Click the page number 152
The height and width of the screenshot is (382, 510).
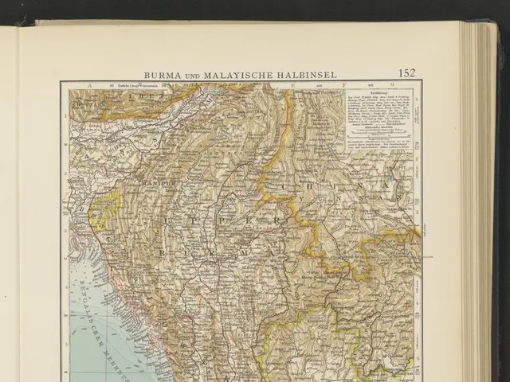(406, 73)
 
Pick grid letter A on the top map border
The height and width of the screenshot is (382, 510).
(89, 84)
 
